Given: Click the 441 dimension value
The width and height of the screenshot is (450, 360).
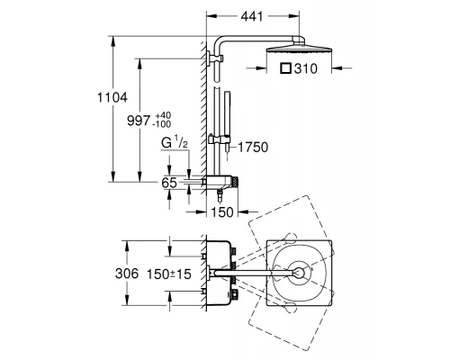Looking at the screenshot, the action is [252, 16].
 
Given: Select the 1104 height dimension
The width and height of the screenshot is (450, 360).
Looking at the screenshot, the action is [112, 97].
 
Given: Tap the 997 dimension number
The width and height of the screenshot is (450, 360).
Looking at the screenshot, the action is [139, 121].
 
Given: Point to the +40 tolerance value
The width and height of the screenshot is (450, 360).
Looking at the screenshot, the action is [163, 115].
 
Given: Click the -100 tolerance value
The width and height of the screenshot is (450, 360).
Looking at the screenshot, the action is [162, 124].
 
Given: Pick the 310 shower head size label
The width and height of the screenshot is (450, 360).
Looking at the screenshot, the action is [305, 68].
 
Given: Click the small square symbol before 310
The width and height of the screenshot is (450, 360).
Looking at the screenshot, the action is [286, 68].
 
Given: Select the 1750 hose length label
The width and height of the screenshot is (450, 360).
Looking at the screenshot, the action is [253, 148].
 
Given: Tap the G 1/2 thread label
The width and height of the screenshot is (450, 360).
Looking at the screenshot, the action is [175, 142].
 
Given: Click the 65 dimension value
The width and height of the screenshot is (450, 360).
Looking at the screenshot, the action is [169, 183].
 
